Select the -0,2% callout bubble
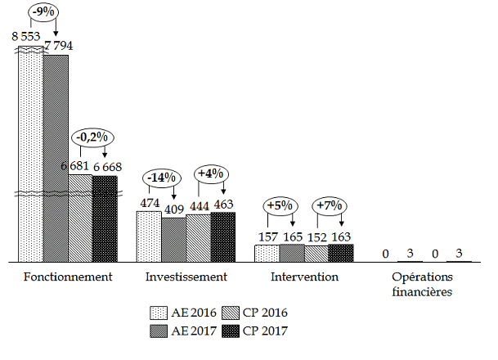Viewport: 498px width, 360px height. pos(92,138)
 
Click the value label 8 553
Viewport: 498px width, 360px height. pos(26,36)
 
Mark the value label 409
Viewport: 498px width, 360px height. pos(173,208)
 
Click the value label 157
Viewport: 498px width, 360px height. pos(267,236)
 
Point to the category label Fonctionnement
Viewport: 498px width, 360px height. pos(69,277)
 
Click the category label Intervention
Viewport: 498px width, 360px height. pos(304,277)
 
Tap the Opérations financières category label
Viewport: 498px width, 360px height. pos(421,283)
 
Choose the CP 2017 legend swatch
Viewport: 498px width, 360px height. pos(231,331)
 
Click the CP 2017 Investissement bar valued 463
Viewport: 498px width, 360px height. pos(223,236)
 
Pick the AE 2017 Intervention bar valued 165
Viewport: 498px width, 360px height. pos(292,253)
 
